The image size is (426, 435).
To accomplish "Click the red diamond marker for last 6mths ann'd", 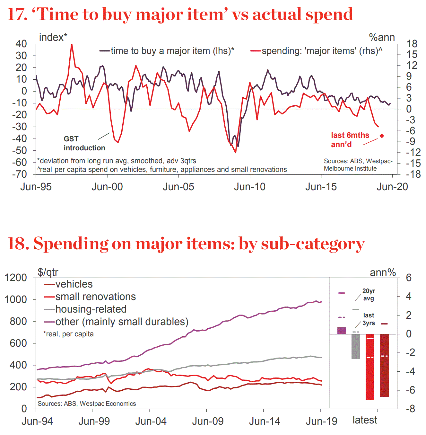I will [382, 136].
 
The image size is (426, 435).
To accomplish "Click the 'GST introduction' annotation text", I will [84, 143].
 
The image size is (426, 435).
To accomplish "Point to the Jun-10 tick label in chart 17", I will [250, 187].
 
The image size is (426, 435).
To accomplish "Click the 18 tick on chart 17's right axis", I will [412, 44].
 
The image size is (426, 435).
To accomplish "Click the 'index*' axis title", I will [53, 37].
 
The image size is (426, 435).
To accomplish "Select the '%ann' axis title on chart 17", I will [382, 37].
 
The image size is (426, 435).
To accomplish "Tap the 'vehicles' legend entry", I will [74, 284].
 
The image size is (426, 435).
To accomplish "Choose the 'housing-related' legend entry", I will [91, 309].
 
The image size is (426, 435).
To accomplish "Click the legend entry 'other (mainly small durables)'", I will [121, 322].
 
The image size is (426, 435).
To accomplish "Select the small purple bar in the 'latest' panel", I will [342, 331].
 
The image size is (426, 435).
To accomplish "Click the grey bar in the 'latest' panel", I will [356, 346].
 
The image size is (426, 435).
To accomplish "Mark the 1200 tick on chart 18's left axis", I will [16, 278].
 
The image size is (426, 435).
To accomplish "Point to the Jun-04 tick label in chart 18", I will [151, 421].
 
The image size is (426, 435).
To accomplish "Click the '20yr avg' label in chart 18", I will [369, 295].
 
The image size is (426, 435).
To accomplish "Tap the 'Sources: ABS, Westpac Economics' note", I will [87, 404].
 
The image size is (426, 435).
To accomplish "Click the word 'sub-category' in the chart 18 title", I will [313, 244].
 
